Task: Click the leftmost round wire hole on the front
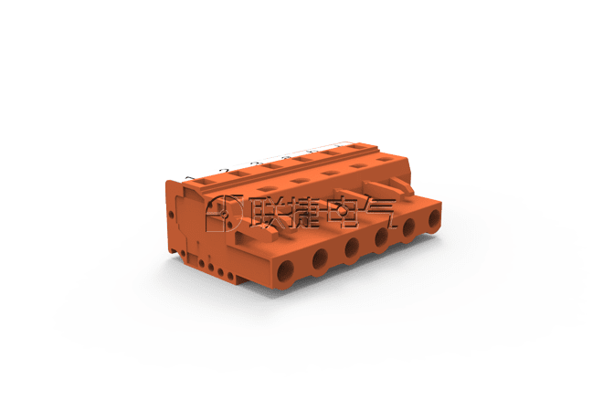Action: [x=285, y=271]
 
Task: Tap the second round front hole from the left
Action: [x=320, y=258]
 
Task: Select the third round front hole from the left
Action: [x=352, y=247]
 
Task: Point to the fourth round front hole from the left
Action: [x=381, y=237]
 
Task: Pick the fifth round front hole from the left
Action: [x=408, y=227]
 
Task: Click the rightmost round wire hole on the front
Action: [x=434, y=218]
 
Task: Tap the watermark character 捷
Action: [x=301, y=213]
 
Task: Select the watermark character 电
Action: [x=341, y=213]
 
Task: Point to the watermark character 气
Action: [x=378, y=213]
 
